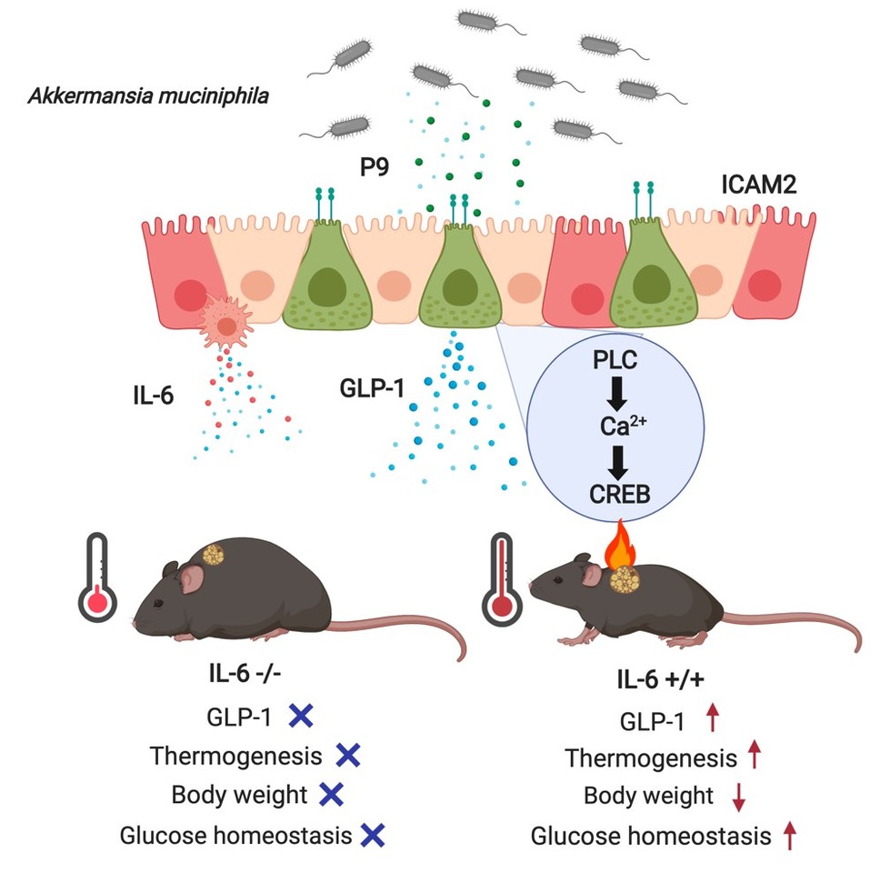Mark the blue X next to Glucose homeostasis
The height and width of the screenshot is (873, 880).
pyautogui.click(x=372, y=833)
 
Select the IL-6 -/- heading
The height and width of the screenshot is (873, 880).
pyautogui.click(x=247, y=676)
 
